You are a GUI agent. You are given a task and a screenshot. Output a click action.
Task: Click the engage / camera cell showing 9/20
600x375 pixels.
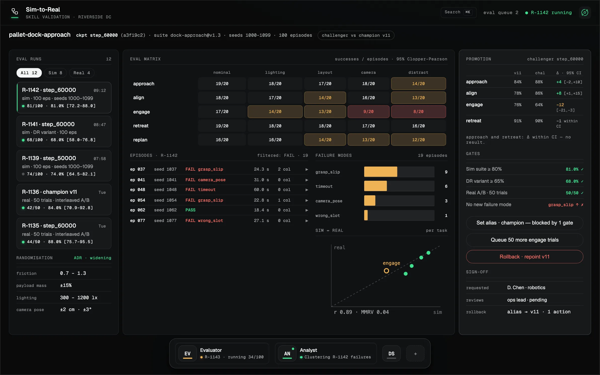tap(368, 112)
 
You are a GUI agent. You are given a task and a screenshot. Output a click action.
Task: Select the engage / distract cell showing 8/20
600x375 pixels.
tap(418, 112)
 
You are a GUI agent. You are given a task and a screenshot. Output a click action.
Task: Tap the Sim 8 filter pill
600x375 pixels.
tap(55, 73)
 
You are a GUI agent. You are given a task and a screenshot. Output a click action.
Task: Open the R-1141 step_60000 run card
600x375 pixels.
tap(64, 132)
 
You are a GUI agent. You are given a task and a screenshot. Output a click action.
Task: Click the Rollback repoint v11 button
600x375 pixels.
tap(524, 257)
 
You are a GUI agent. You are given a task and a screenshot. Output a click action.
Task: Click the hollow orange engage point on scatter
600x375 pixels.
tap(386, 271)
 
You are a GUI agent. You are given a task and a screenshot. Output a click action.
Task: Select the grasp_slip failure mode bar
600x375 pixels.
tap(381, 172)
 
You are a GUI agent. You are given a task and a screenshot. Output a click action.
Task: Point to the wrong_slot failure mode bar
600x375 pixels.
tap(366, 215)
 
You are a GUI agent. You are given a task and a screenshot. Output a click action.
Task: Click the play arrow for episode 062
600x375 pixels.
tap(307, 210)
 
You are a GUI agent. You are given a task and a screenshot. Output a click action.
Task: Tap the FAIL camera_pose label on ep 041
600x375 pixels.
tap(205, 180)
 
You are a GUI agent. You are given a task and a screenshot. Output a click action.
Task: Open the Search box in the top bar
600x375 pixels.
tap(459, 12)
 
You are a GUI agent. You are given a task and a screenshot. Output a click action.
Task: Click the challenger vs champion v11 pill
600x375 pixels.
tap(356, 35)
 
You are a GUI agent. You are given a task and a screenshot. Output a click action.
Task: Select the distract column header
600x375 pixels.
tap(418, 73)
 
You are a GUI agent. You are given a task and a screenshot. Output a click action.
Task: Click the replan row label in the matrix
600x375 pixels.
tap(140, 140)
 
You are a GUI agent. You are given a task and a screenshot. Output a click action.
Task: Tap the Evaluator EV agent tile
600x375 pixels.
tap(222, 354)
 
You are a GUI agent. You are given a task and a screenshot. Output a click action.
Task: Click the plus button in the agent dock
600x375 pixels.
tap(415, 354)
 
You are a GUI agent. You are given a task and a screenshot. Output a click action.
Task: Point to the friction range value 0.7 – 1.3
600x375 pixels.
tap(73, 273)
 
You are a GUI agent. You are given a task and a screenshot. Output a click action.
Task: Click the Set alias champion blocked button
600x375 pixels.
tap(524, 223)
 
